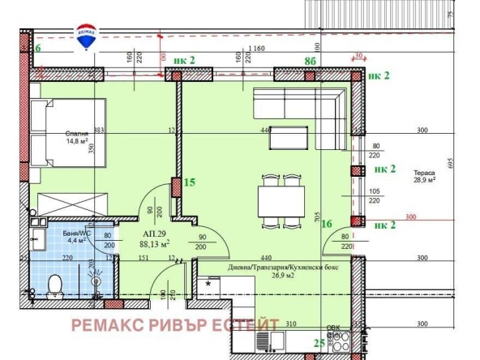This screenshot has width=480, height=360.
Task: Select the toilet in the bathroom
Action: pos(55,285)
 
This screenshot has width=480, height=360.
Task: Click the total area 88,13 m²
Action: pos(152,243)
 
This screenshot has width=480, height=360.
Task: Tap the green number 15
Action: pos(191,182)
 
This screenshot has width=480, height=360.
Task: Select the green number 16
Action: pos(327,225)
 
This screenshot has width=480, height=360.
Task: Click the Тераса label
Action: pos(424,174)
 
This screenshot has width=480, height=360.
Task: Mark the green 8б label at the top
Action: pos(309,60)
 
